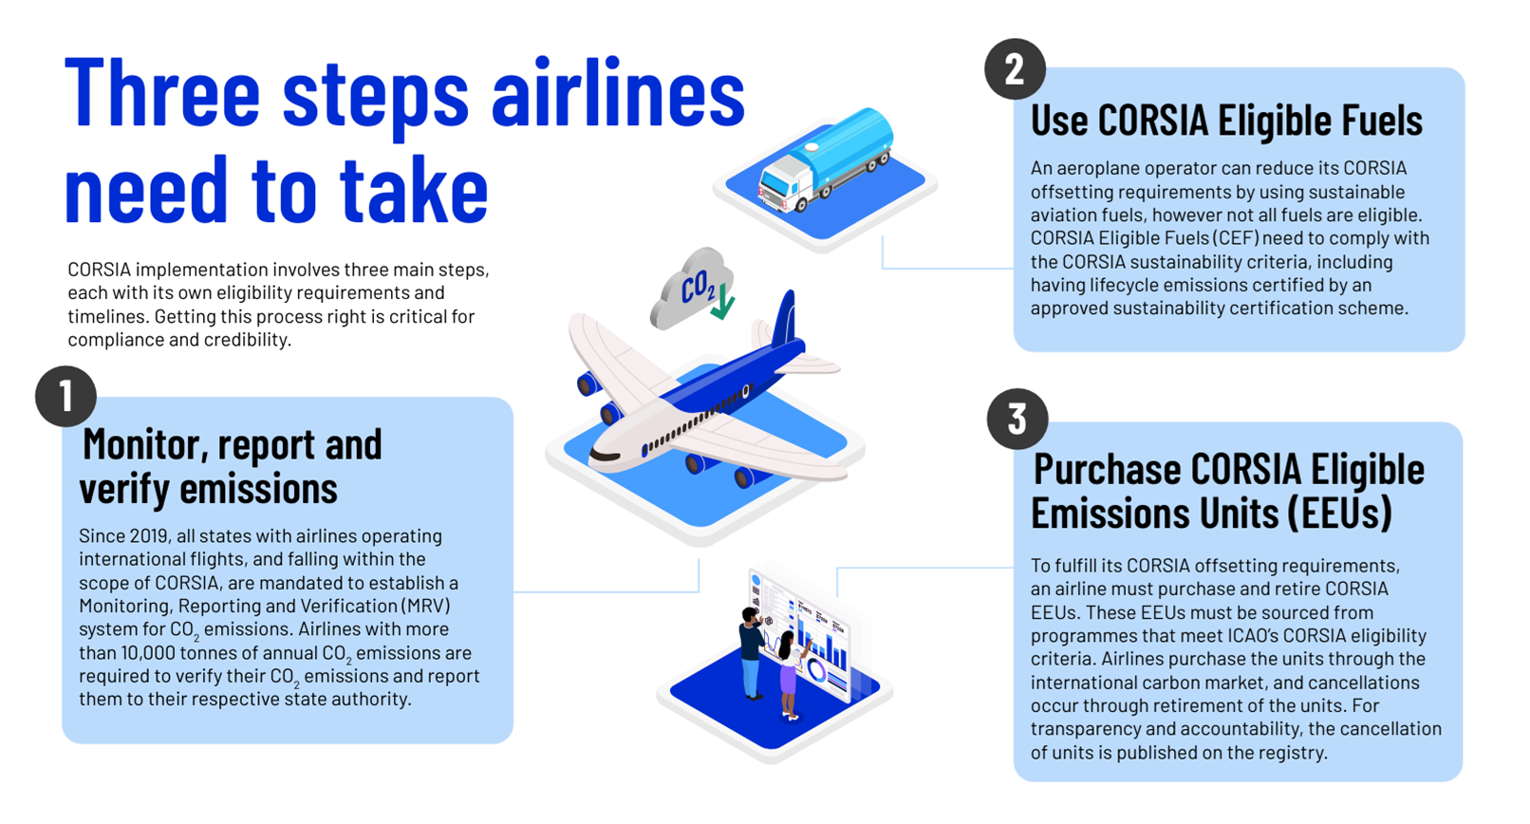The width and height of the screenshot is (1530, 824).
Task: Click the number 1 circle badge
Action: tap(65, 396)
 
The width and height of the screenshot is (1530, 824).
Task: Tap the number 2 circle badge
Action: tap(1015, 69)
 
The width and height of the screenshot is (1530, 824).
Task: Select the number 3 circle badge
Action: tap(1017, 419)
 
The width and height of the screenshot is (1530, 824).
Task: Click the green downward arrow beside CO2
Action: tap(722, 302)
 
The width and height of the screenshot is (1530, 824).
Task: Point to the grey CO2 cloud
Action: tap(690, 289)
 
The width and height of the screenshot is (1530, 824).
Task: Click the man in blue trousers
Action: tap(753, 653)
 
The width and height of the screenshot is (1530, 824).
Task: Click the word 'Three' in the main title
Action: tap(162, 93)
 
